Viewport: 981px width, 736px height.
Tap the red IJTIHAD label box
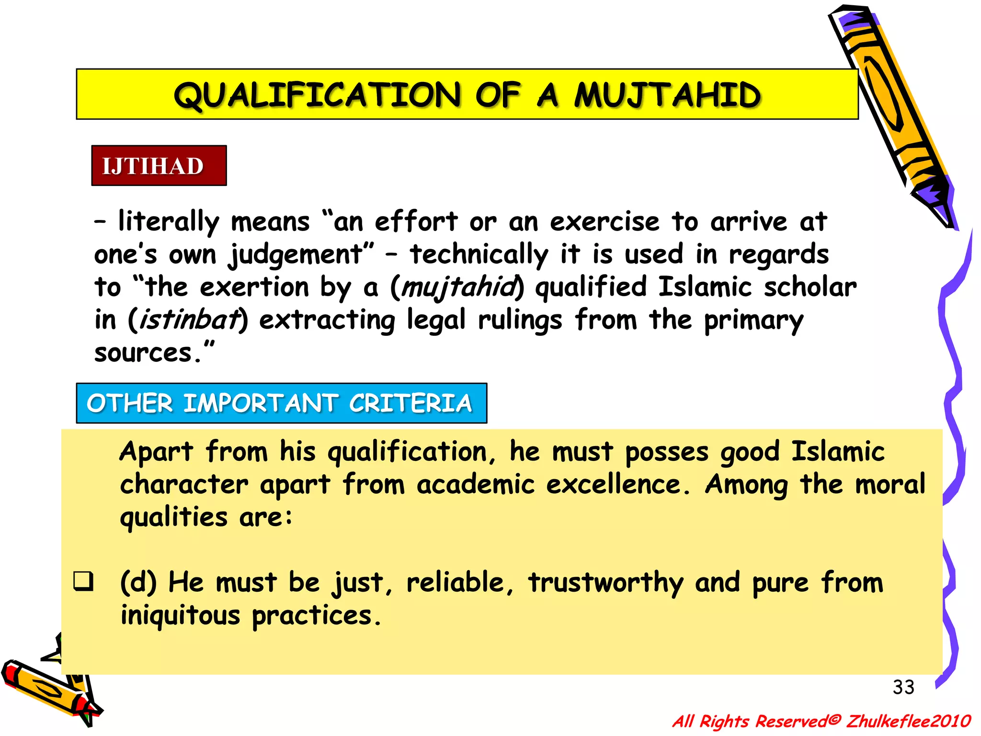(159, 166)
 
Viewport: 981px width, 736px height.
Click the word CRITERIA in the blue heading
(410, 403)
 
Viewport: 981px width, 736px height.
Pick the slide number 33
(903, 687)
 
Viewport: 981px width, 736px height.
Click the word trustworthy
(605, 583)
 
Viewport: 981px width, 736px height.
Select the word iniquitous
(180, 615)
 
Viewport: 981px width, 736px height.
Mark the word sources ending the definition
(143, 353)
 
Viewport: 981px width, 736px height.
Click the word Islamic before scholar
(705, 287)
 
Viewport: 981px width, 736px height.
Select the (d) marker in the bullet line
(138, 583)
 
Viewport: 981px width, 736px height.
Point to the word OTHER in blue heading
(129, 403)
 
